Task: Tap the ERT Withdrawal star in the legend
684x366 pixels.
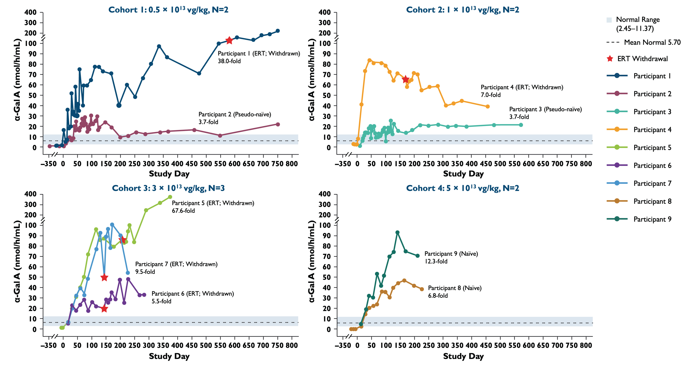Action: click(x=610, y=59)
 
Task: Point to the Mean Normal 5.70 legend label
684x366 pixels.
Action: click(x=652, y=42)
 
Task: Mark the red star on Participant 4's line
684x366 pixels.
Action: click(x=405, y=79)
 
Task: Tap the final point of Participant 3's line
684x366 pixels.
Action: click(x=521, y=125)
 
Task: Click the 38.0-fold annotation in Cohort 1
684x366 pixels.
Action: click(x=229, y=61)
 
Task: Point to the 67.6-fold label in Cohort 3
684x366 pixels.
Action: click(x=183, y=211)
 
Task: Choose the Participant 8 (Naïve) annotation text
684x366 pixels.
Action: click(x=455, y=288)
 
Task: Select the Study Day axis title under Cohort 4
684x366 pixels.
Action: click(x=463, y=356)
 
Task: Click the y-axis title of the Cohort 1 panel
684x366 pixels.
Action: click(x=17, y=80)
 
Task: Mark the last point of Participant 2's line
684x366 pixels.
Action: click(x=278, y=124)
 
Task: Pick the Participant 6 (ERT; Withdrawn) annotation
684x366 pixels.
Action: click(x=193, y=294)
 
